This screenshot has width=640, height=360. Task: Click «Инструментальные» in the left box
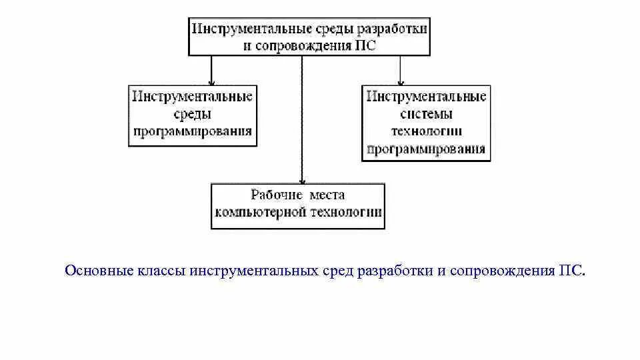193,97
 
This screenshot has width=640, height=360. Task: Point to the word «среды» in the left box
192,114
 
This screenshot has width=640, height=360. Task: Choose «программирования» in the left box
193,131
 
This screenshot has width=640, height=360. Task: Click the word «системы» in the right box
426,114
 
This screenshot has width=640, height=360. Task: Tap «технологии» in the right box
426,131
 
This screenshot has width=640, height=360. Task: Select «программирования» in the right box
426,148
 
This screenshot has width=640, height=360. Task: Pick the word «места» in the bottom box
327,195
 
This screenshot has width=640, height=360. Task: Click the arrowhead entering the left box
211,80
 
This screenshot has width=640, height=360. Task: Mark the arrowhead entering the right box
400,80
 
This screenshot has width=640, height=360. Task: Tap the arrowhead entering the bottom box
302,179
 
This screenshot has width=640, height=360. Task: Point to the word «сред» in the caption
336,271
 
